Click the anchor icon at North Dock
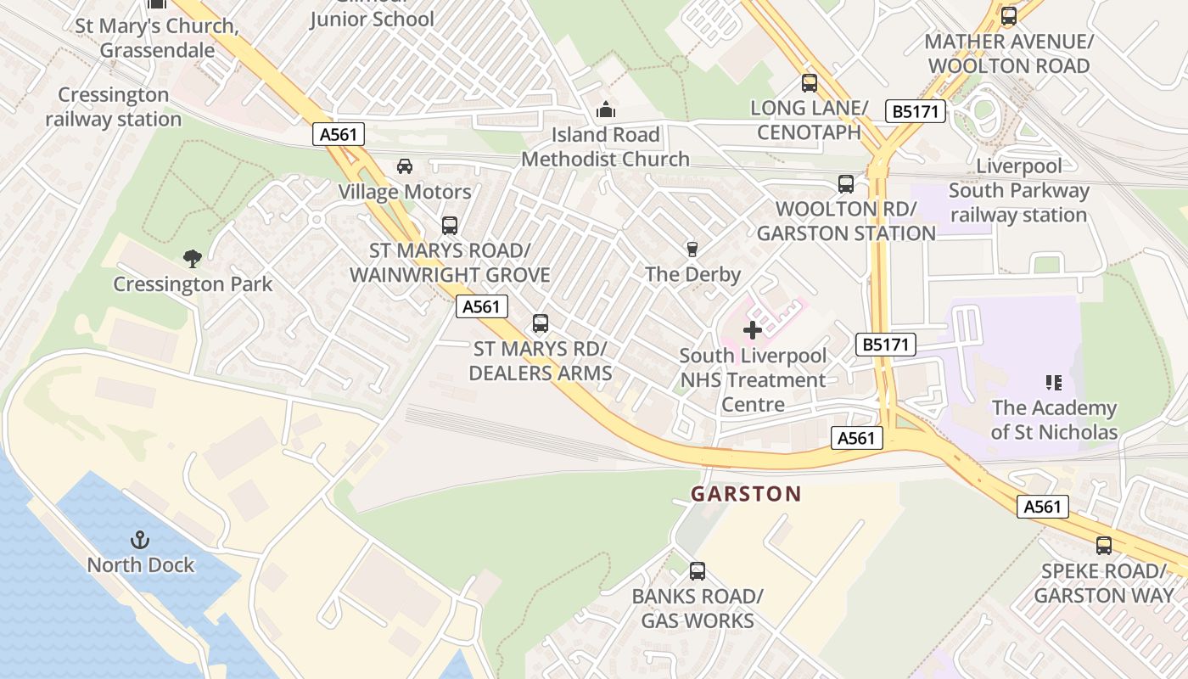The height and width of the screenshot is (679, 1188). pos(140,540)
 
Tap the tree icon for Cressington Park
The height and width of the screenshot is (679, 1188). pos(193,258)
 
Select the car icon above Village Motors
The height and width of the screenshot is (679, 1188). pos(405,166)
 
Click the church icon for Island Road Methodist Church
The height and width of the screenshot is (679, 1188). pos(605,109)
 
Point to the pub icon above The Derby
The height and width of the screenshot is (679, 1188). pos(692,249)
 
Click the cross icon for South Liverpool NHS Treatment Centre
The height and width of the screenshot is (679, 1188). pos(753,330)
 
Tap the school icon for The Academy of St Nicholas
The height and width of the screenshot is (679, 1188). pos(1054,383)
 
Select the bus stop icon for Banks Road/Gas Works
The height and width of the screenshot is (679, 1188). pos(698,571)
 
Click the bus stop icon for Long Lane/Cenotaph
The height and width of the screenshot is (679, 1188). pos(810,83)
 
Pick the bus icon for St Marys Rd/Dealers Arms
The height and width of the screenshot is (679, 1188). pos(541,323)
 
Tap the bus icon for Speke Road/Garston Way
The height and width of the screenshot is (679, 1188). pos(1104,546)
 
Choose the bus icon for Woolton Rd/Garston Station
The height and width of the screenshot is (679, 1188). pos(846,184)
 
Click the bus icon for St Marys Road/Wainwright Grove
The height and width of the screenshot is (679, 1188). pos(450,226)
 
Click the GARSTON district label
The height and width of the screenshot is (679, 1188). pos(746,494)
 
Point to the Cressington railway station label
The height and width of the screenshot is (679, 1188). pos(114,107)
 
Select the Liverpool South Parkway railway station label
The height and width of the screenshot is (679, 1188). pos(1018,190)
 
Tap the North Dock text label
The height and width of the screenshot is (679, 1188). pos(141,565)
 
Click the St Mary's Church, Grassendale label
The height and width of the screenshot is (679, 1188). pos(157,38)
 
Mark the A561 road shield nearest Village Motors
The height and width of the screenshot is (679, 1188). pos(339,134)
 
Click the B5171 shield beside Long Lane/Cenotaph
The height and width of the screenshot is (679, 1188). pos(915,111)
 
